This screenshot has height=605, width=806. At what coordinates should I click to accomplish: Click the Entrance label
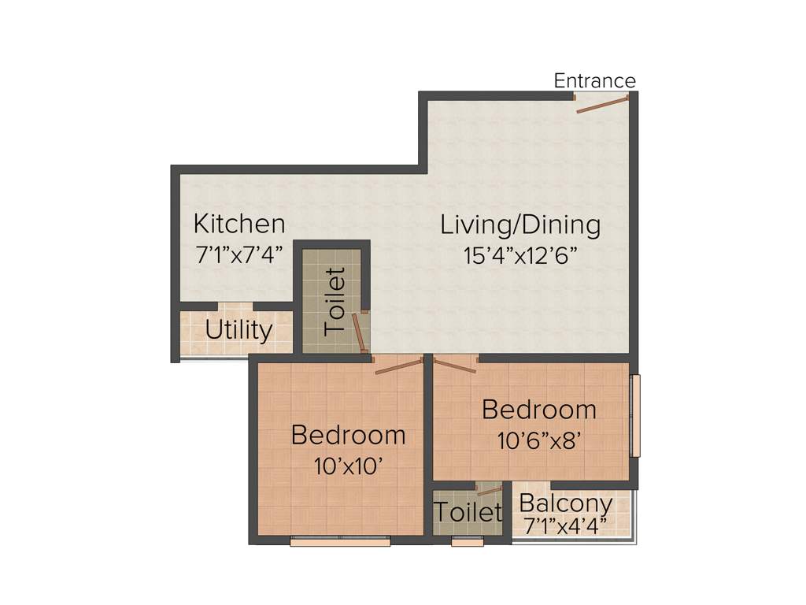594,80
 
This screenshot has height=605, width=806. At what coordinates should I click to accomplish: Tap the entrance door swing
602,104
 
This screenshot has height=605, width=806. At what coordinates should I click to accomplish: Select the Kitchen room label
239,224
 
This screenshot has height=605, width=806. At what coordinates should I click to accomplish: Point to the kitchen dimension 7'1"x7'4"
239,254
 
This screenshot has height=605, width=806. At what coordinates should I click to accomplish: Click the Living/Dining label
520,225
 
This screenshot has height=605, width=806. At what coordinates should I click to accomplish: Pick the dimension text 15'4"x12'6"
520,255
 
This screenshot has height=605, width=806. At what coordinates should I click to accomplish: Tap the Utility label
238,330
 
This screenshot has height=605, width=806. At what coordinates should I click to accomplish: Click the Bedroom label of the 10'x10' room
348,435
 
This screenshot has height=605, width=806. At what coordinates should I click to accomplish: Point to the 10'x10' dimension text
348,466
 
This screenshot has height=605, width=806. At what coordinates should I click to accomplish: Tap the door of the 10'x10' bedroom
399,366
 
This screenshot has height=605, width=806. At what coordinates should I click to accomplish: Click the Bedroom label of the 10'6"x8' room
539,410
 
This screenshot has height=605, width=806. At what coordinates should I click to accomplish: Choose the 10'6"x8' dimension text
539,440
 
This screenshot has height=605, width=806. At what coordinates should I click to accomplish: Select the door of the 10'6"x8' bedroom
455,364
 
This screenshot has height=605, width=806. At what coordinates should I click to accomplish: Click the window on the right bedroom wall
635,415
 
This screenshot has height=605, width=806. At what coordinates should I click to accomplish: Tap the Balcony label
566,503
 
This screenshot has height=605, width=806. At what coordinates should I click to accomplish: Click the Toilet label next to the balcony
468,513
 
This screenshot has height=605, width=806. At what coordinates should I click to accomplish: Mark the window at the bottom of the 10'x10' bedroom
340,542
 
